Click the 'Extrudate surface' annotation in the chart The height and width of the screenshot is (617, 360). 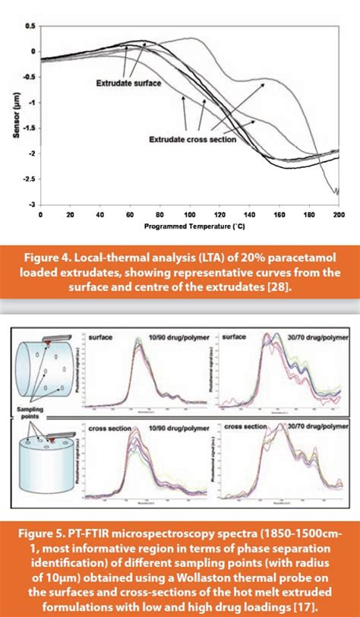127,84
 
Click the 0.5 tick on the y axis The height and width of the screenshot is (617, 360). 30,26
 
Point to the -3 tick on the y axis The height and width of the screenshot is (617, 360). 32,204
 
